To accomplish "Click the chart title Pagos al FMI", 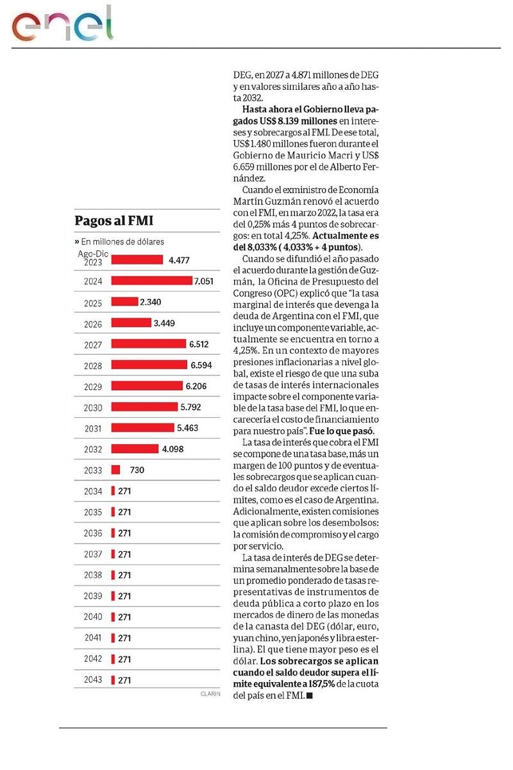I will click(114, 221).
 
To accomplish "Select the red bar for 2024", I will click(151, 281).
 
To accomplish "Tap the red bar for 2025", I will click(124, 302).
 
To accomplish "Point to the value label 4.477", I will click(181, 260).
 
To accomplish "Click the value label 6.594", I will click(201, 365).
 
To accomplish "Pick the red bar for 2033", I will click(115, 470).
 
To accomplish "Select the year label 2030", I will click(93, 407).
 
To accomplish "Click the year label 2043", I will click(93, 680).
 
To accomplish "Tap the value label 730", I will click(137, 470).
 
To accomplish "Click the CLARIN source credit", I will click(210, 694).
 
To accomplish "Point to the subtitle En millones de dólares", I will click(120, 242).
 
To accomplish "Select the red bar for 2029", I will click(147, 386).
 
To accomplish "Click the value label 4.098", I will click(172, 449).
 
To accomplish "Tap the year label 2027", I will click(93, 345).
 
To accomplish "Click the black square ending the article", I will click(310, 696).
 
